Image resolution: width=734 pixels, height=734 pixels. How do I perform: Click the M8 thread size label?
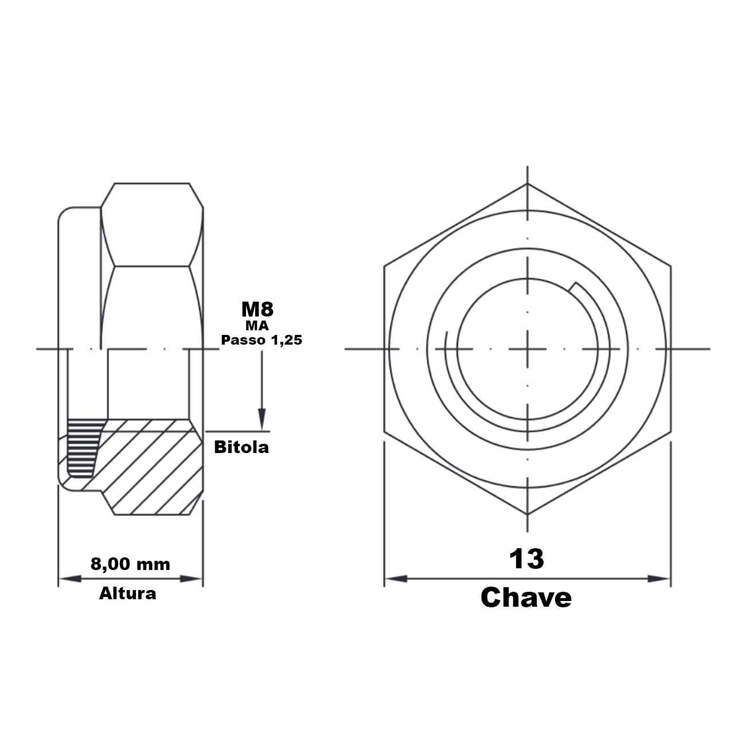click(257, 310)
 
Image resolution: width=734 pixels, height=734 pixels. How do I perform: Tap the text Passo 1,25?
click(261, 339)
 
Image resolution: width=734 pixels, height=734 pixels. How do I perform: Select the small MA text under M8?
click(257, 326)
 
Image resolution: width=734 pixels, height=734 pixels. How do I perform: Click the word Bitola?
click(241, 447)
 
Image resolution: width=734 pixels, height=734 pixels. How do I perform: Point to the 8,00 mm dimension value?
click(131, 564)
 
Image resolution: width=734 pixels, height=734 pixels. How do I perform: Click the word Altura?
click(127, 593)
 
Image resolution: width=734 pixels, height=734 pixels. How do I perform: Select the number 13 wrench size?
click(526, 559)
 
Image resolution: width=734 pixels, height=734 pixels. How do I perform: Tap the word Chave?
click(526, 598)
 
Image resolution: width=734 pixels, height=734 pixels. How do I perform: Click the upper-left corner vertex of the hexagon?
click(385, 266)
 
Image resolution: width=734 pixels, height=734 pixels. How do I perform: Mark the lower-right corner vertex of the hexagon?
click(670, 431)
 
